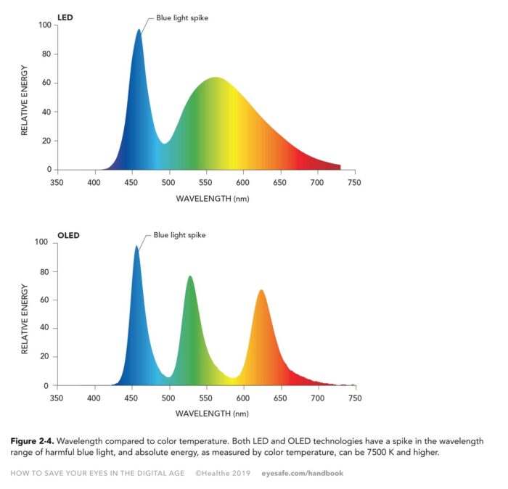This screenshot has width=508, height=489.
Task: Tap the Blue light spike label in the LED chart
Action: pos(182,18)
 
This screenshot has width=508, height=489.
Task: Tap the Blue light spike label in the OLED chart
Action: pos(179,235)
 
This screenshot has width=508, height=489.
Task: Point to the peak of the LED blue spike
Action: pos(139,30)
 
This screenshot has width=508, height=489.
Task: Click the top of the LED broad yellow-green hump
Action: pos(216,78)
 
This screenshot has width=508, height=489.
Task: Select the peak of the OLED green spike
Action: pos(190,276)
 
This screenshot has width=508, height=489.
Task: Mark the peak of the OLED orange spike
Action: pos(261,290)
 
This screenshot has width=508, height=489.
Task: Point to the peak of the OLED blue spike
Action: pos(136,246)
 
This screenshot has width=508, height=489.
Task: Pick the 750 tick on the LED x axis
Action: pos(354,183)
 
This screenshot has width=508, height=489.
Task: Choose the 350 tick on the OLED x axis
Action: pos(57,399)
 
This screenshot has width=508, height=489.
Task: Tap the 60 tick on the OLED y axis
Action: pos(46,300)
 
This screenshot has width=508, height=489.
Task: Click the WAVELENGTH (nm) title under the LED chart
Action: pos(212,197)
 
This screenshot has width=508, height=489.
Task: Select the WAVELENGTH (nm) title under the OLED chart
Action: pos(212,414)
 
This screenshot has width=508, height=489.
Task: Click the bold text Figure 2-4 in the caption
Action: pos(32,441)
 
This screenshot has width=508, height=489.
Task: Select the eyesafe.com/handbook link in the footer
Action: pos(302,473)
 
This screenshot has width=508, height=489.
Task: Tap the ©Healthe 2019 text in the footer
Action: pos(222,473)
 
